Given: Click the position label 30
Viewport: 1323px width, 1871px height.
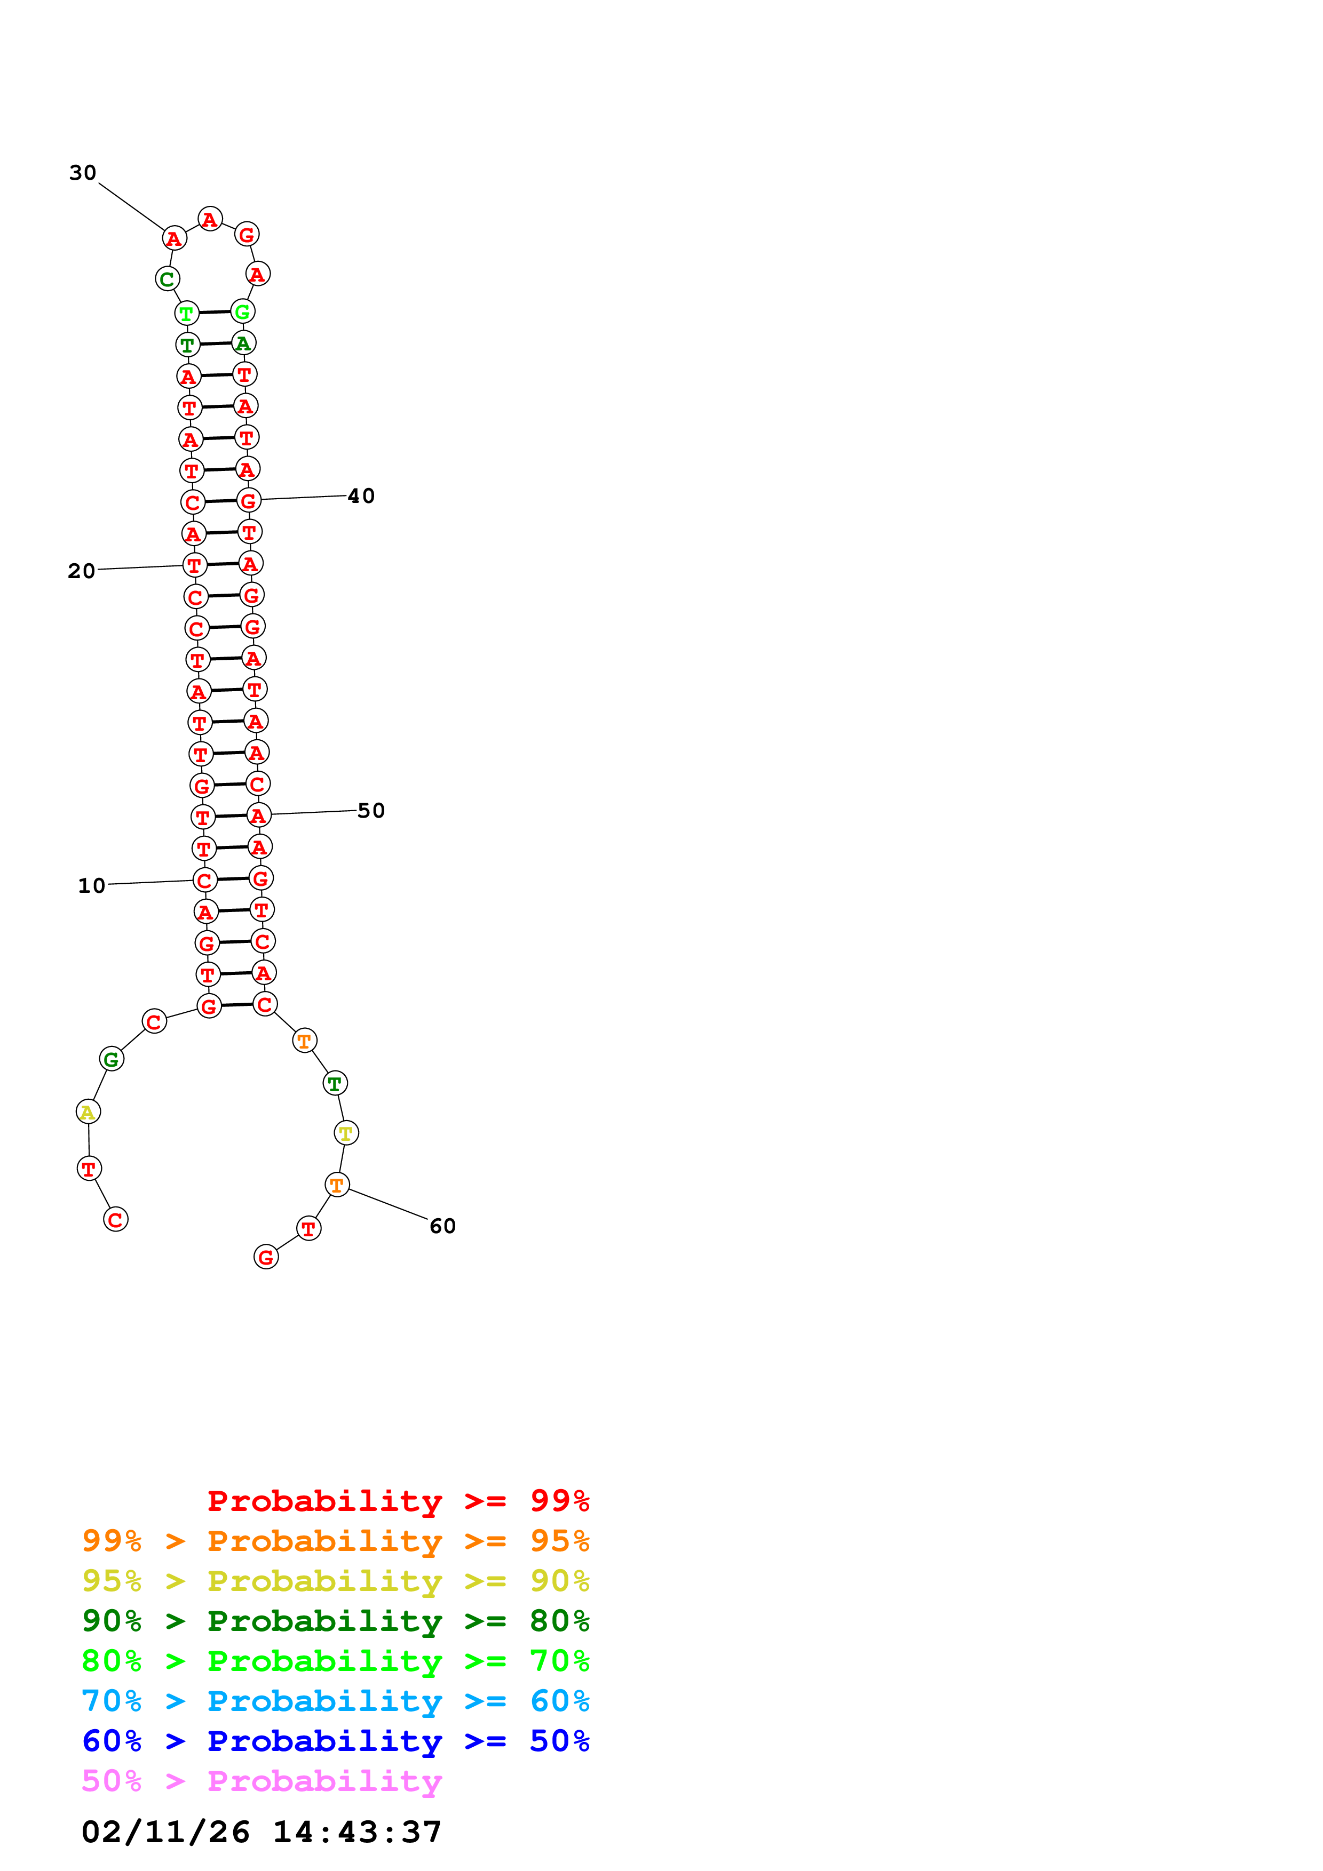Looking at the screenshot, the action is click(82, 173).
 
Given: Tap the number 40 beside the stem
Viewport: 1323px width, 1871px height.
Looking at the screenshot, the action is click(361, 496).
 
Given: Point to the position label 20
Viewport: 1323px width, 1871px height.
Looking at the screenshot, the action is click(82, 571).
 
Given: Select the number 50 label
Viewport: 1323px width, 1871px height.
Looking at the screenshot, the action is click(371, 811).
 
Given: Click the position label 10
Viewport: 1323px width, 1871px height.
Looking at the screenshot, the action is click(91, 886).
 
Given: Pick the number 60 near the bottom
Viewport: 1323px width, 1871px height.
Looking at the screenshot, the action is click(442, 1226).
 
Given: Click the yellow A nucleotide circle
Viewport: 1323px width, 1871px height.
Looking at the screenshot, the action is click(88, 1112).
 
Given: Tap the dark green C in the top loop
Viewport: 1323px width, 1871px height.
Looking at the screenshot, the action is click(167, 279).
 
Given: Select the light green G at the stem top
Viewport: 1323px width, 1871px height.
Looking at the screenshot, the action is click(243, 311).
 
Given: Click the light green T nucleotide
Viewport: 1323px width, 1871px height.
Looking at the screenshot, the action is click(187, 313).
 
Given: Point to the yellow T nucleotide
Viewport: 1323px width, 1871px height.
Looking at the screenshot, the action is click(346, 1133).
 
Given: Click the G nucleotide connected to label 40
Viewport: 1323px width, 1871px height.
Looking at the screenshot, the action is click(249, 500).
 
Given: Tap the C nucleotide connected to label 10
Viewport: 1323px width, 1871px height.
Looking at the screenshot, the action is click(204, 880).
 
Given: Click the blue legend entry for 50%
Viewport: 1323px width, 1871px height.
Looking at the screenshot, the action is click(335, 1741).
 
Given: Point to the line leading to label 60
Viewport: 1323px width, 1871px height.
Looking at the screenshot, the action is click(388, 1204).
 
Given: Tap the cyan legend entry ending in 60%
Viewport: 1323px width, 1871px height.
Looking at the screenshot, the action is click(335, 1701).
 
